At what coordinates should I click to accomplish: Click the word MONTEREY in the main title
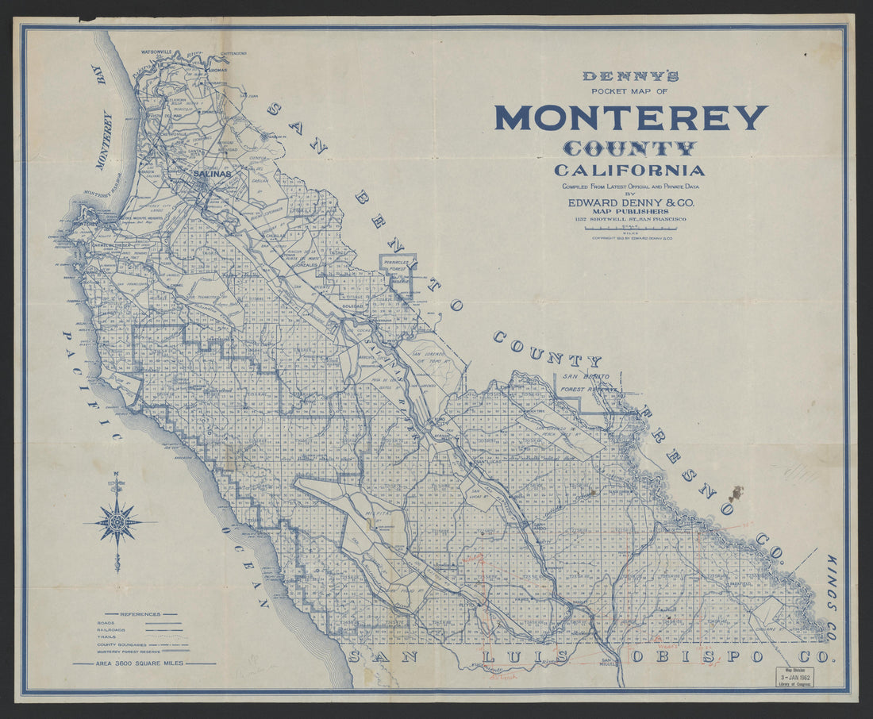click(631, 117)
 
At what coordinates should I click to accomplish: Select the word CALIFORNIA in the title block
click(629, 170)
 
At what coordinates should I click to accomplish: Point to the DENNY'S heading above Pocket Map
click(631, 77)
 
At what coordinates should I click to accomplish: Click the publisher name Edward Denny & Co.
click(631, 203)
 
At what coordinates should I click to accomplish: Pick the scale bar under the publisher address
click(631, 228)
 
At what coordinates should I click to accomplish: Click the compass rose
click(117, 522)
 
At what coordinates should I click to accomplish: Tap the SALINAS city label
click(211, 173)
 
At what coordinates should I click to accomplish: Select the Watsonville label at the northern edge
click(157, 52)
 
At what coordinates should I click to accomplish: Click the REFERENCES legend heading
click(138, 613)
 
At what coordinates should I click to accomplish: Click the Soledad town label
click(352, 306)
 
